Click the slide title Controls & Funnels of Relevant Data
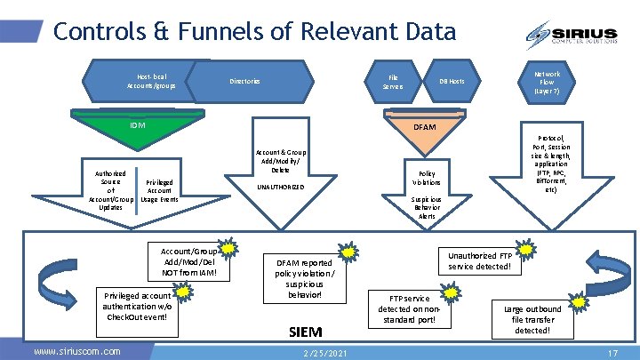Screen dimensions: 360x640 pos(254,32)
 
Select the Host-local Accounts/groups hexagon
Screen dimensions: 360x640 pos(151,81)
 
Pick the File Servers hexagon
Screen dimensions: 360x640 pos(392,82)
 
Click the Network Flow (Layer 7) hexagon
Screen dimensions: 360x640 pos(547,82)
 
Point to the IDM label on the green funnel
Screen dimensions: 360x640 pos(136,125)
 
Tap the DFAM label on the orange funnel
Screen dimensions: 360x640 pos(425,127)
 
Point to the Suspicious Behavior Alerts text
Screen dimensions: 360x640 pos(427,208)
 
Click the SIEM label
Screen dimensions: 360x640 pos(306,332)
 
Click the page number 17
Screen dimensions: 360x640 pos(612,353)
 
